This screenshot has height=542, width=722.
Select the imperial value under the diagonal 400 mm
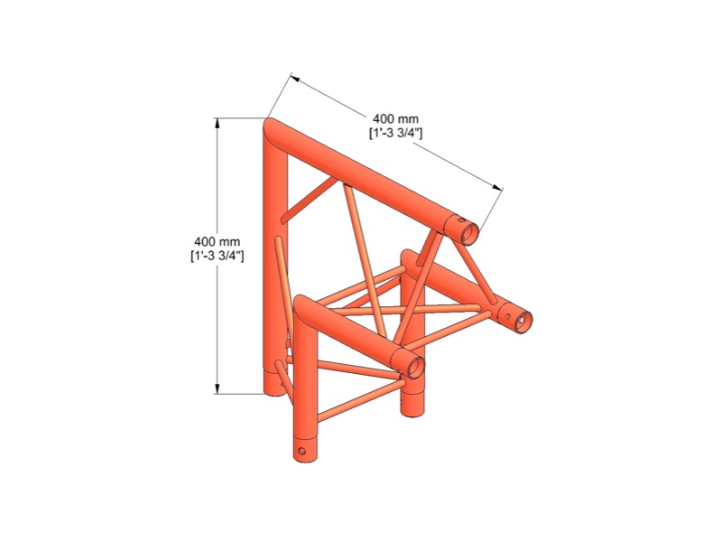pyautogui.click(x=395, y=133)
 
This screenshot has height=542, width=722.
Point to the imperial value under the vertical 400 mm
pyautogui.click(x=218, y=256)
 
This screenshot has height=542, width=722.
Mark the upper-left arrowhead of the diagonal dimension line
pyautogui.click(x=295, y=79)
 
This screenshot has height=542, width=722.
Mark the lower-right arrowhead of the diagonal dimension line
pyautogui.click(x=497, y=187)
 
